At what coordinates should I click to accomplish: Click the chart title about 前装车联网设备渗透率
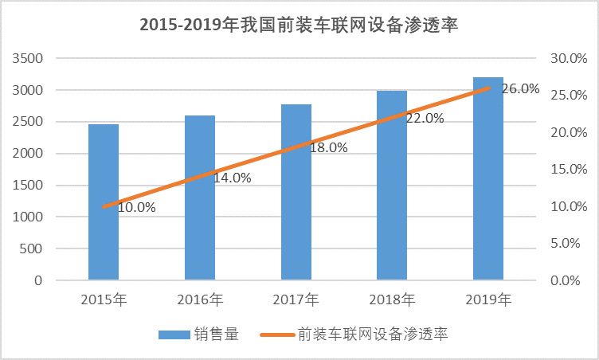tap(299, 24)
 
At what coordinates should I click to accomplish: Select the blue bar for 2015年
tap(104, 202)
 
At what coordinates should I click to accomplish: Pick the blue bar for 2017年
tap(296, 192)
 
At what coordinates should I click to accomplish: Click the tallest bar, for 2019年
tap(487, 178)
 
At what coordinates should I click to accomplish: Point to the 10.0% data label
tap(136, 207)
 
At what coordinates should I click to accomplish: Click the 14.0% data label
tap(232, 178)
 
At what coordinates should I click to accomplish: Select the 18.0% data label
tap(328, 147)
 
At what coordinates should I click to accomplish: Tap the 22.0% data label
tap(425, 118)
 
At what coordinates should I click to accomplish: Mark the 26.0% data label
tap(520, 89)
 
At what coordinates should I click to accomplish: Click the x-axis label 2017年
tap(296, 300)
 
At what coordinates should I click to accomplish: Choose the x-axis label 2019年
tap(487, 300)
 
